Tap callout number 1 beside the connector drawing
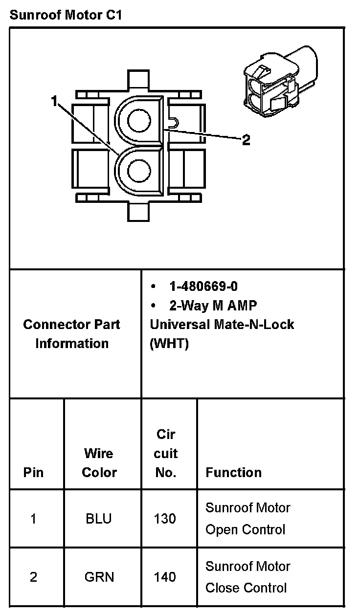click(54, 101)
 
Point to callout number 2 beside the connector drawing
click(246, 140)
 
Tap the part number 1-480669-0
click(203, 286)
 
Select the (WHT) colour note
click(169, 344)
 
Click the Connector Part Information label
click(72, 334)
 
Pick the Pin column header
click(33, 473)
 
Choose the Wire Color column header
click(99, 463)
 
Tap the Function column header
click(233, 473)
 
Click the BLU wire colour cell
click(99, 519)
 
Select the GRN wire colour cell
click(99, 577)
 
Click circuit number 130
click(165, 519)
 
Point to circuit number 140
click(165, 577)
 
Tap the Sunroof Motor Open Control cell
click(247, 519)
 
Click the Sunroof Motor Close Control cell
click(247, 577)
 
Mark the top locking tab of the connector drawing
click(139, 79)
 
